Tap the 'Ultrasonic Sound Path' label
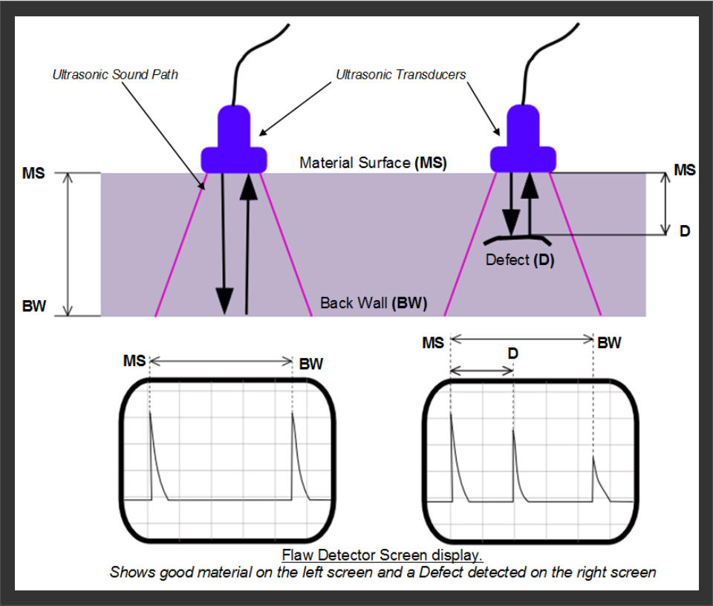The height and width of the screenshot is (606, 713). pyautogui.click(x=115, y=75)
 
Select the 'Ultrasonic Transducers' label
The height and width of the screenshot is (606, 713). pyautogui.click(x=401, y=75)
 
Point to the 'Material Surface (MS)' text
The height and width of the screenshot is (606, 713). pyautogui.click(x=373, y=163)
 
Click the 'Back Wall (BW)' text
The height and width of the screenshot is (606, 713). pyautogui.click(x=374, y=303)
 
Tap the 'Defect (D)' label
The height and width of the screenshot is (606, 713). pyautogui.click(x=520, y=261)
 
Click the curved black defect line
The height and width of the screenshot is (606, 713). pyautogui.click(x=516, y=238)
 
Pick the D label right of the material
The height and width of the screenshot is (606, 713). pyautogui.click(x=684, y=232)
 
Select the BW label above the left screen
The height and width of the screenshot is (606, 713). pyautogui.click(x=311, y=365)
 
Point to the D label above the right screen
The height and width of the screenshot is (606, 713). pyautogui.click(x=512, y=354)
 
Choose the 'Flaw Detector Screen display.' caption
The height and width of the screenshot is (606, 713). pyautogui.click(x=383, y=555)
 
